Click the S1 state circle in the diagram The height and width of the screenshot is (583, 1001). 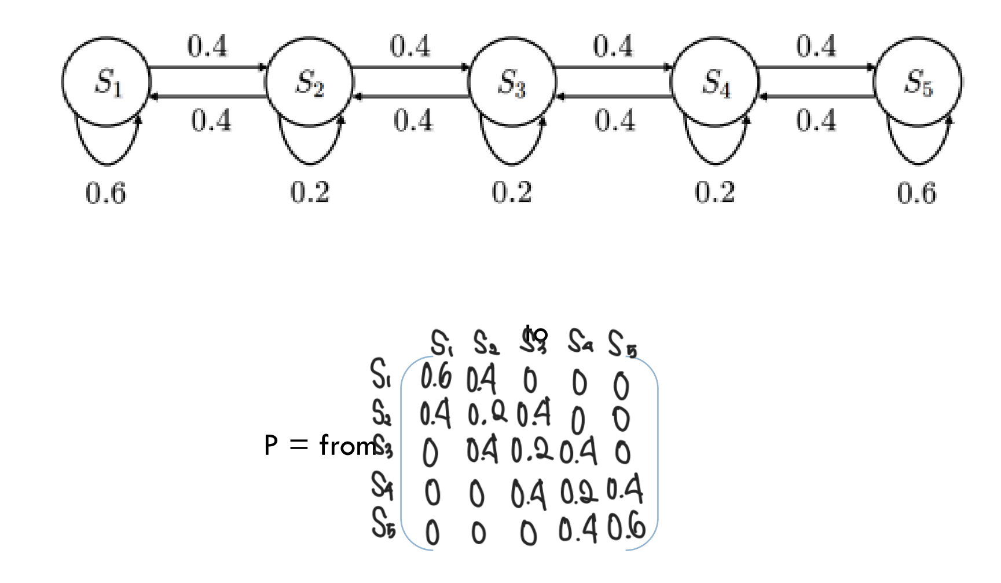point(107,82)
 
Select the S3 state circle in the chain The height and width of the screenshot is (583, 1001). point(512,82)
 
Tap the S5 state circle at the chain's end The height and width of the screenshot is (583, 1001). point(918,82)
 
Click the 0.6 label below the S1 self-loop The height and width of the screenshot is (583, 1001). point(105,192)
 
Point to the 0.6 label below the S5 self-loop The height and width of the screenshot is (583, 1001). point(916,192)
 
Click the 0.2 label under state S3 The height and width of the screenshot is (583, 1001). point(512,192)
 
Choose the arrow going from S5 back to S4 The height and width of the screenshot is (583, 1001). point(816,96)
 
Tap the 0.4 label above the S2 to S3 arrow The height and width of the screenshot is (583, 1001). point(410,46)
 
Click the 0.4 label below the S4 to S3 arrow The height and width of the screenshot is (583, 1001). point(615,121)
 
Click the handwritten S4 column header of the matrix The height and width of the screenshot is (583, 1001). point(580,341)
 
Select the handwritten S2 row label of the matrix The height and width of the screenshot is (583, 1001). point(381,413)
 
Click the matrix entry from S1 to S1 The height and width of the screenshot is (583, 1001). point(435,377)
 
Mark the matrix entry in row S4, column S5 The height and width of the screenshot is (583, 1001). point(624,490)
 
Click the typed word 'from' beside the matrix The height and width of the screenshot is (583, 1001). point(346,446)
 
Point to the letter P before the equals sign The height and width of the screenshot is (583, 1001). point(271,446)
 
